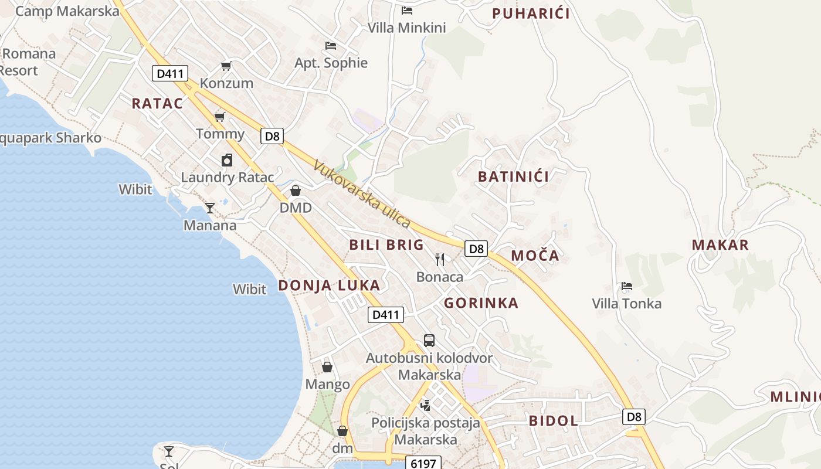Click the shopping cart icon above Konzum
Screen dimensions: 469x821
pyautogui.click(x=226, y=66)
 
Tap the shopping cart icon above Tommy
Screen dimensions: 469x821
pyautogui.click(x=220, y=117)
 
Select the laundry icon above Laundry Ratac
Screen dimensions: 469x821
pyautogui.click(x=227, y=159)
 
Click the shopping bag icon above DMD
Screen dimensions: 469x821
pyautogui.click(x=296, y=191)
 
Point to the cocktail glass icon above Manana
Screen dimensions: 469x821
pyautogui.click(x=210, y=208)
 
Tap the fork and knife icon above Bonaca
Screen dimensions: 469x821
pyautogui.click(x=440, y=259)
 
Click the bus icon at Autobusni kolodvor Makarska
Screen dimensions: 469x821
pyautogui.click(x=429, y=341)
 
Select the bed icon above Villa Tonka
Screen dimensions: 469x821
pyautogui.click(x=627, y=286)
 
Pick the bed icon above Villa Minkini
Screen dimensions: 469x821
pyautogui.click(x=407, y=10)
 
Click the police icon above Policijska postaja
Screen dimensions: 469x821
pyautogui.click(x=426, y=405)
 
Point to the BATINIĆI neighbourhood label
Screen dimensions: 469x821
pyautogui.click(x=513, y=176)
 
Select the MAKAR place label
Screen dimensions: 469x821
pyautogui.click(x=720, y=245)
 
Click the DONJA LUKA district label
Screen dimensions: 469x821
pyautogui.click(x=329, y=286)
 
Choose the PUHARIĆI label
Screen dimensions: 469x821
pyautogui.click(x=531, y=13)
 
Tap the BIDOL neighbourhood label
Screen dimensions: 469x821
pyautogui.click(x=554, y=420)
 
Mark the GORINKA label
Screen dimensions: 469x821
pyautogui.click(x=481, y=303)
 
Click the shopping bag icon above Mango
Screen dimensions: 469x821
pyautogui.click(x=327, y=367)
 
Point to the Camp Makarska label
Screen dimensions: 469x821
pyautogui.click(x=67, y=11)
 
